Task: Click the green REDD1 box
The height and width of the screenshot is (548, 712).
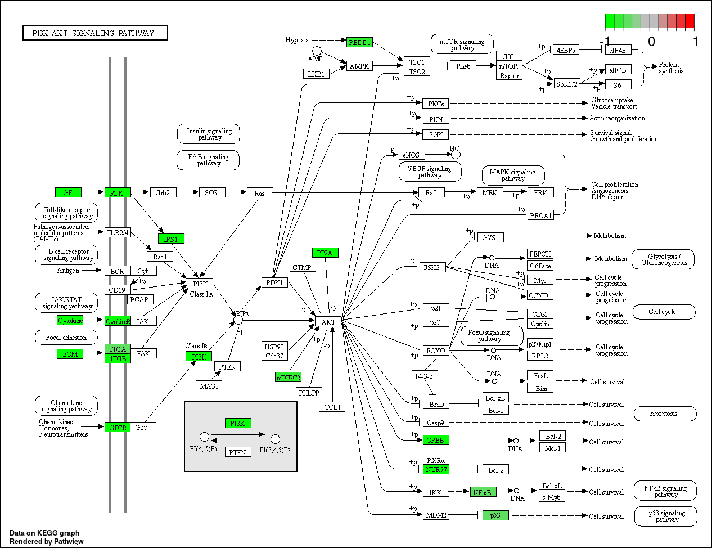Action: click(359, 42)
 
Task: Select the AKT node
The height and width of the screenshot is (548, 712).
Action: click(328, 321)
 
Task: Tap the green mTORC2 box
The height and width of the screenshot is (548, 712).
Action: click(288, 377)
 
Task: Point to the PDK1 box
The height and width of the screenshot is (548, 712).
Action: click(274, 282)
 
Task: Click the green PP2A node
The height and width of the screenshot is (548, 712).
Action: click(325, 253)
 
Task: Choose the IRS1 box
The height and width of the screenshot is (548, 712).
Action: click(171, 239)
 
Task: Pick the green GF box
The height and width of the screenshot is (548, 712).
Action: click(68, 192)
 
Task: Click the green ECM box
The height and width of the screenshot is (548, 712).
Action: click(70, 354)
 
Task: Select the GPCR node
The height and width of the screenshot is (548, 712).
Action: click(118, 427)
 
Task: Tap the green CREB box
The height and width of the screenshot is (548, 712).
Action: click(436, 440)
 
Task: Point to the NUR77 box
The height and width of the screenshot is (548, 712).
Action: click(436, 469)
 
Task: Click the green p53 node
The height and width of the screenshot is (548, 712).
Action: click(495, 515)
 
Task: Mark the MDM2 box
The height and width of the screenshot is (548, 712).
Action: click(436, 515)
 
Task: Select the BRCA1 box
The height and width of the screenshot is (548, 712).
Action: click(540, 215)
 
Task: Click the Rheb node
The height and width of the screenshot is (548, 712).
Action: click(463, 66)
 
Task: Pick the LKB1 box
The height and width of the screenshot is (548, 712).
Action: click(316, 74)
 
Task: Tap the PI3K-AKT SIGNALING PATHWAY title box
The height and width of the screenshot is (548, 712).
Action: click(96, 33)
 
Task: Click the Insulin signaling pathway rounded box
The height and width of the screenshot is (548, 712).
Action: click(209, 134)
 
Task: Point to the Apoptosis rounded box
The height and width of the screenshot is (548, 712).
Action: click(665, 414)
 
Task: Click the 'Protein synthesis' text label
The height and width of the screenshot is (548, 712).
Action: click(671, 68)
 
